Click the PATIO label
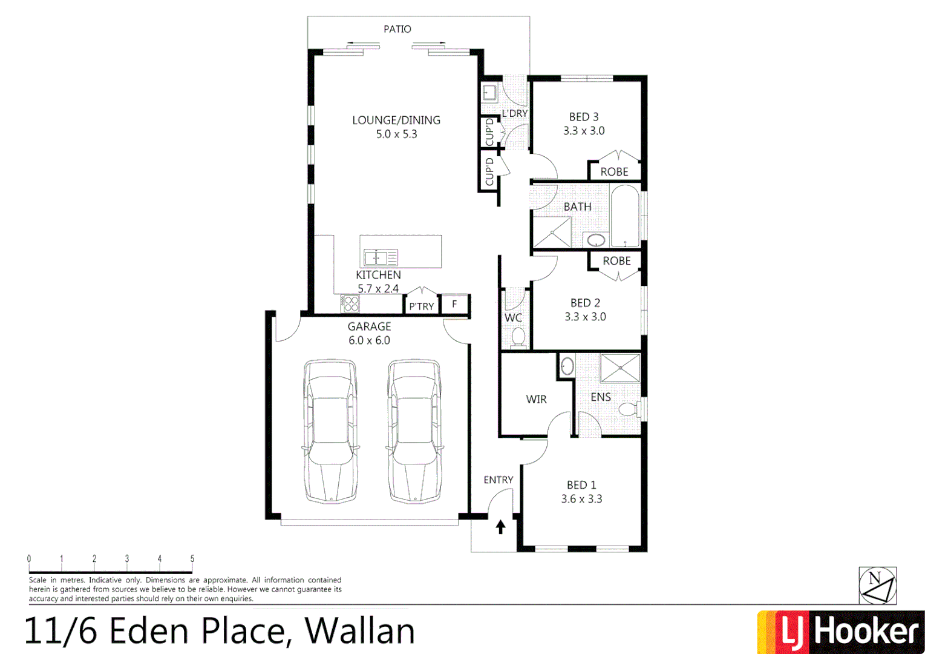pos(397,29)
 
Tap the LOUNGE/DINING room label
pos(396,120)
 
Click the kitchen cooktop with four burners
pos(350,303)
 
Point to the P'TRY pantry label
pos(421,306)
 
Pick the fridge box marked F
pos(454,304)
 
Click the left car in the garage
pos(330,431)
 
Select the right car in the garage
pos(414,431)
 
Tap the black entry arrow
pos(500,527)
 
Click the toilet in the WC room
pos(518,337)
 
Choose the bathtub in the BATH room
pos(624,216)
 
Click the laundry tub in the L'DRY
pos(489,93)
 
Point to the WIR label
pos(536,399)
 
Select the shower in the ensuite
pos(619,368)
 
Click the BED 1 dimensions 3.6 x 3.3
pos(581,499)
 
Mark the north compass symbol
pos(877,585)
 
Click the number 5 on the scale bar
pos(192,559)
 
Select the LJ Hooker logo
pos(840,632)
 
